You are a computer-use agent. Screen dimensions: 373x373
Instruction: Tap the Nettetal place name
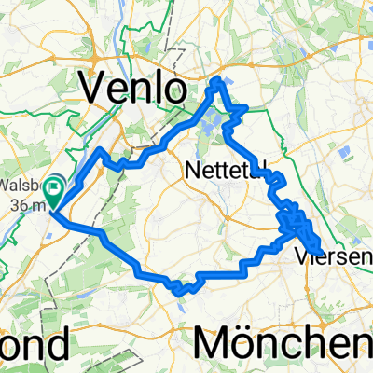click(222, 172)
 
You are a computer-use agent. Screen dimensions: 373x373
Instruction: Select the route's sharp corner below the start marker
click(53, 214)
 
